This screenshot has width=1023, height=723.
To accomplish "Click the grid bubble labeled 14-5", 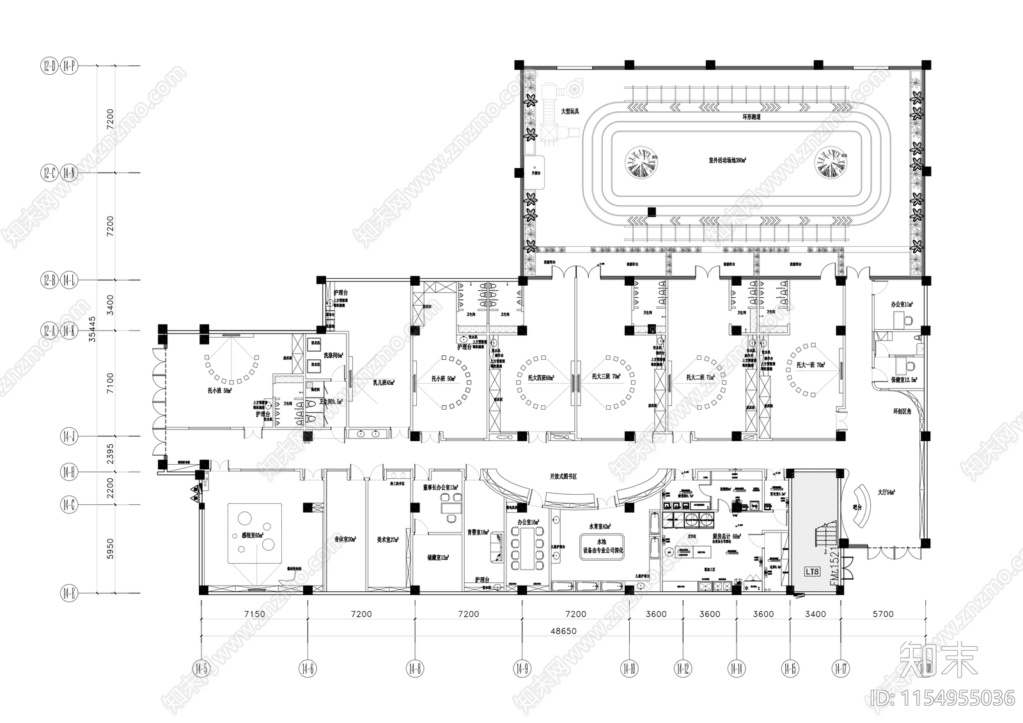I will point(201,669).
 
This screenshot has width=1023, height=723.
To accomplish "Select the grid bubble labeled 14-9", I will point(522,669).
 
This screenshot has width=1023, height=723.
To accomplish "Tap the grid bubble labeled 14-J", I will point(68,437).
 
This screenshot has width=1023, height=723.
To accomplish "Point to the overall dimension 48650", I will point(563,630).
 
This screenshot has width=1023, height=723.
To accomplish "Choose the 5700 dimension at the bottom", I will point(882,614).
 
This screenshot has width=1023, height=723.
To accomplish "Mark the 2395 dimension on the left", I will point(110,454).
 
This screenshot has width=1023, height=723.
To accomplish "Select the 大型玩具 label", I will point(570,111).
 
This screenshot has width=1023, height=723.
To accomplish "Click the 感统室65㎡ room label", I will point(252,536).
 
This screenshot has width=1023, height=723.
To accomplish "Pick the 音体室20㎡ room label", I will point(345,540).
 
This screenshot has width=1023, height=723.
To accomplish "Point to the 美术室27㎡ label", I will point(388,540).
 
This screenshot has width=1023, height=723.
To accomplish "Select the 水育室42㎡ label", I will point(600,526).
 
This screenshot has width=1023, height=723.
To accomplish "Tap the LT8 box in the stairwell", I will point(811,571).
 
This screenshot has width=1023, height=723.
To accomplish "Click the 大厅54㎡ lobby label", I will point(886,493).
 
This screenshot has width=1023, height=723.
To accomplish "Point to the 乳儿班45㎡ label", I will point(384,383).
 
